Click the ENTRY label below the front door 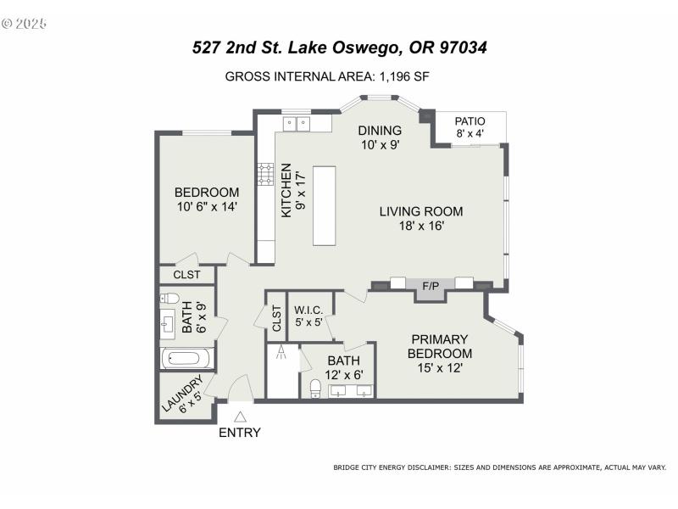pos(240,433)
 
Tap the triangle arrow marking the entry pos(240,417)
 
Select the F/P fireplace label pos(431,287)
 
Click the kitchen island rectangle pos(325,206)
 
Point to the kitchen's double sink pos(296,124)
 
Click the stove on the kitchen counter pos(264,175)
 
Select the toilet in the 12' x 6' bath pos(315,389)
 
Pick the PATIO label pos(470,121)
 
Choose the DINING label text pos(379,130)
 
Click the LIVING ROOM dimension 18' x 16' pos(421,226)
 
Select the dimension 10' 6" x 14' pos(208,206)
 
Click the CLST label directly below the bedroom pos(186,275)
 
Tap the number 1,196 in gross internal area pos(393,76)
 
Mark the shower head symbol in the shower pos(280,355)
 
